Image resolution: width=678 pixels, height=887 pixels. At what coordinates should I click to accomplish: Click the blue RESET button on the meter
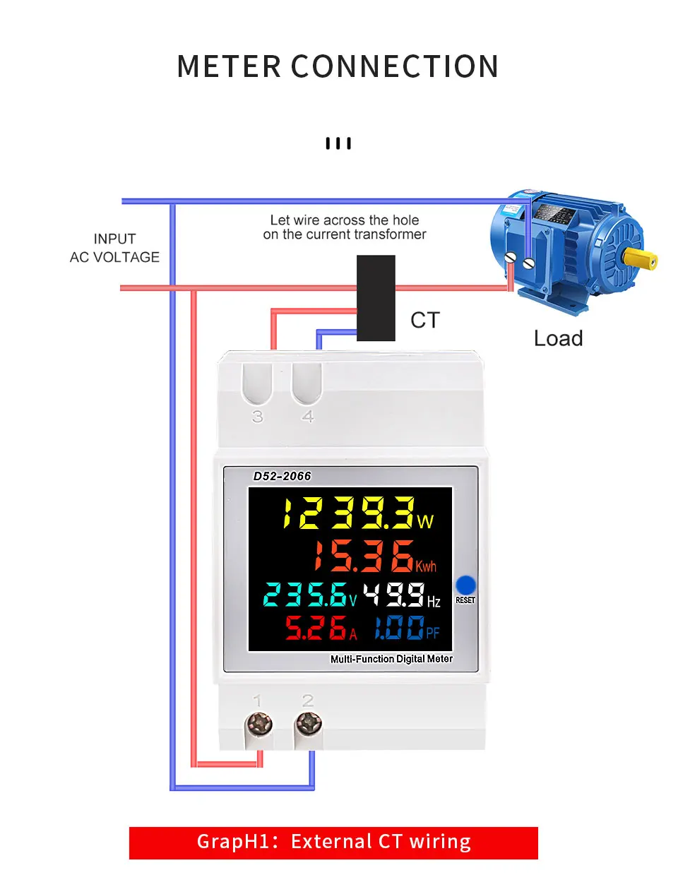466,585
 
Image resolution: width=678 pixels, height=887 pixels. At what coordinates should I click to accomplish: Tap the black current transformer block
376,298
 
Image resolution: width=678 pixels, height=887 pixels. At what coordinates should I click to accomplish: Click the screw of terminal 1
258,724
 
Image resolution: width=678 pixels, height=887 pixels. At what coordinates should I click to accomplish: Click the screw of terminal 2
309,724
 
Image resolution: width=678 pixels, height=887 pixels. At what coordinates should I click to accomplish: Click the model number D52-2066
282,476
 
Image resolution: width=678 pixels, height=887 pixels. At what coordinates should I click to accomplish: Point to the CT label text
425,320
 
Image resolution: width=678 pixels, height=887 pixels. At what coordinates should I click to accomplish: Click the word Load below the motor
558,338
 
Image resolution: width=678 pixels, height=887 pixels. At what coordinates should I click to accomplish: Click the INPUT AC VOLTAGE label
114,248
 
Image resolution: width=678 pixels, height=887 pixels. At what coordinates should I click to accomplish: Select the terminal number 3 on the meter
258,417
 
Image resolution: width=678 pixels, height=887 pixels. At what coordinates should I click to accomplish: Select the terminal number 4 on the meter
308,417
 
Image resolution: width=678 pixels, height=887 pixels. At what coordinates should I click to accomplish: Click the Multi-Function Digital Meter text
391,659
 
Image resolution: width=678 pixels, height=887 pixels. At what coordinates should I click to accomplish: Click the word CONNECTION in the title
395,66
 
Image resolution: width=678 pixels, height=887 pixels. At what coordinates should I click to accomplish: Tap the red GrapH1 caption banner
333,843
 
